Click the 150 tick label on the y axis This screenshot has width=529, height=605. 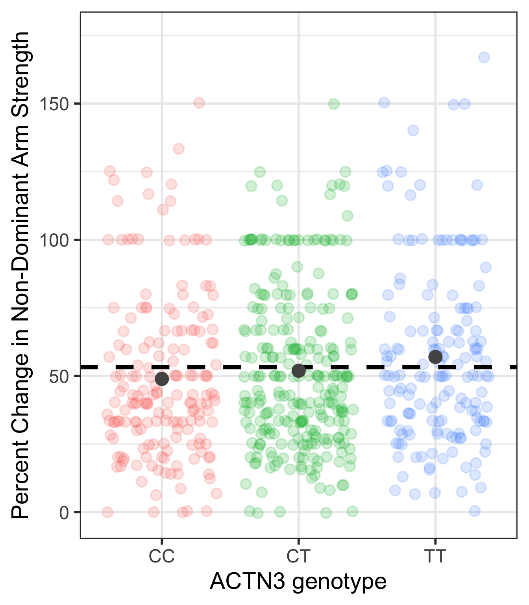click(x=54, y=104)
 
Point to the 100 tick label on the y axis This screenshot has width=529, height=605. click(x=54, y=240)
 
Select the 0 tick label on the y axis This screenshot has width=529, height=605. click(x=64, y=512)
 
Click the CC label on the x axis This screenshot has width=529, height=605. click(x=161, y=557)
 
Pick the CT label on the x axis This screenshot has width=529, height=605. click(x=298, y=557)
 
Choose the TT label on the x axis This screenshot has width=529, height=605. click(x=435, y=557)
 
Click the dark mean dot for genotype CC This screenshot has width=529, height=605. click(x=162, y=379)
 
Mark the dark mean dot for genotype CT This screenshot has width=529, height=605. click(x=299, y=371)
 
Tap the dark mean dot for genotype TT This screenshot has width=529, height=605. click(x=435, y=357)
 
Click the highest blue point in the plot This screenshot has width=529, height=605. click(x=484, y=58)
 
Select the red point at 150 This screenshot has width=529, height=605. click(x=199, y=103)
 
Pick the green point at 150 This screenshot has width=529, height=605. click(x=334, y=104)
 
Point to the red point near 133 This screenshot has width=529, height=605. click(x=179, y=149)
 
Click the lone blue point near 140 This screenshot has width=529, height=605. click(x=413, y=130)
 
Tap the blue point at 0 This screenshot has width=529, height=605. click(x=475, y=511)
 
